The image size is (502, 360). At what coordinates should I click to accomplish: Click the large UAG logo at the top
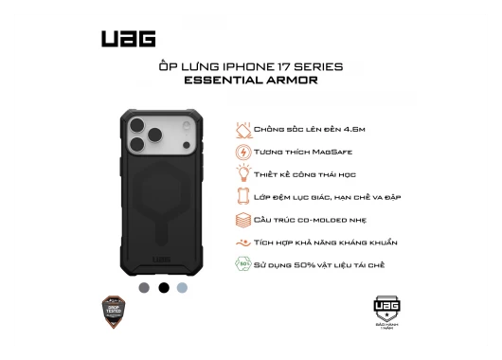(128, 39)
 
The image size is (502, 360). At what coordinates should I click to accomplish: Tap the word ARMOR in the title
(293, 81)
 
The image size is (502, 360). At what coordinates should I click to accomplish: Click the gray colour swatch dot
(144, 287)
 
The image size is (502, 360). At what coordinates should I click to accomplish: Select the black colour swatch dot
(164, 287)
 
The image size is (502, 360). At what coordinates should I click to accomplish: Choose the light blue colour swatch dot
(183, 287)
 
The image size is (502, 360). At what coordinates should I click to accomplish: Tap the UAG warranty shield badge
(385, 311)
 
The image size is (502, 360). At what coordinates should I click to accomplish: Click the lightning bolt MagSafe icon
(243, 152)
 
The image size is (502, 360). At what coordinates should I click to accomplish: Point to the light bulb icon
(243, 174)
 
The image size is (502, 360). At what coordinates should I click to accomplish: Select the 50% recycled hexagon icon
(243, 265)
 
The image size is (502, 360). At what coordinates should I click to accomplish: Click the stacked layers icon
(243, 220)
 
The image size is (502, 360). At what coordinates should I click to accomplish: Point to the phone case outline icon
(243, 197)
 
